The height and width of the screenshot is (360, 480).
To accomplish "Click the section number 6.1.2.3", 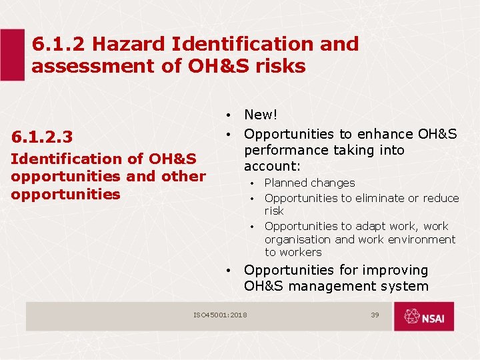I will (41, 137).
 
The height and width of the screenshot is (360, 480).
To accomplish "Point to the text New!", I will (261, 116).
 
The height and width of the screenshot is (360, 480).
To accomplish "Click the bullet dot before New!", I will (228, 117).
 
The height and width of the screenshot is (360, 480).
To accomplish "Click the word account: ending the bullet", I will (272, 166).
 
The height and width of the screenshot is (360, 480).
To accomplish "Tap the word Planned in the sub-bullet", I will (285, 183).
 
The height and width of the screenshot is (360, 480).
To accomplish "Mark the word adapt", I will (369, 226).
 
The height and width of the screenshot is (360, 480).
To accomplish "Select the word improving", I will (394, 270).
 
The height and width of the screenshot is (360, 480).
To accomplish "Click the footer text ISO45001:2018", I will (220, 315).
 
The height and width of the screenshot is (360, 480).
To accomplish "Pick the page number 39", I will (375, 315).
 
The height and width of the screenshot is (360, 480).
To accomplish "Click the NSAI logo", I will (423, 316).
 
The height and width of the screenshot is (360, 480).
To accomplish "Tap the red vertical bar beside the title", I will (11, 55).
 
